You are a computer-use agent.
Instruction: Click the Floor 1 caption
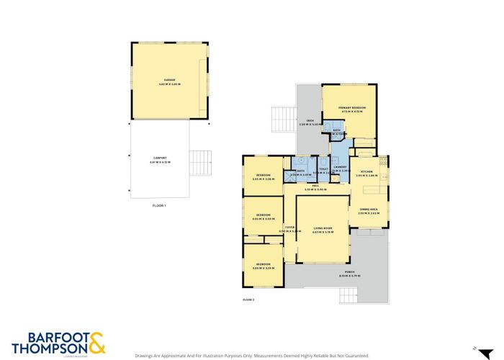pos(159,206)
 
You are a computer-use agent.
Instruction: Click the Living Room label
pos(322,230)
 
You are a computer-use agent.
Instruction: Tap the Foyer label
pos(290,229)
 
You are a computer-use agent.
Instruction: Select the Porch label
pos(349,274)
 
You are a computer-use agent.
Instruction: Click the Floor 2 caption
pos(248,299)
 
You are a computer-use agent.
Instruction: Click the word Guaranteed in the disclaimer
pos(354,356)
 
